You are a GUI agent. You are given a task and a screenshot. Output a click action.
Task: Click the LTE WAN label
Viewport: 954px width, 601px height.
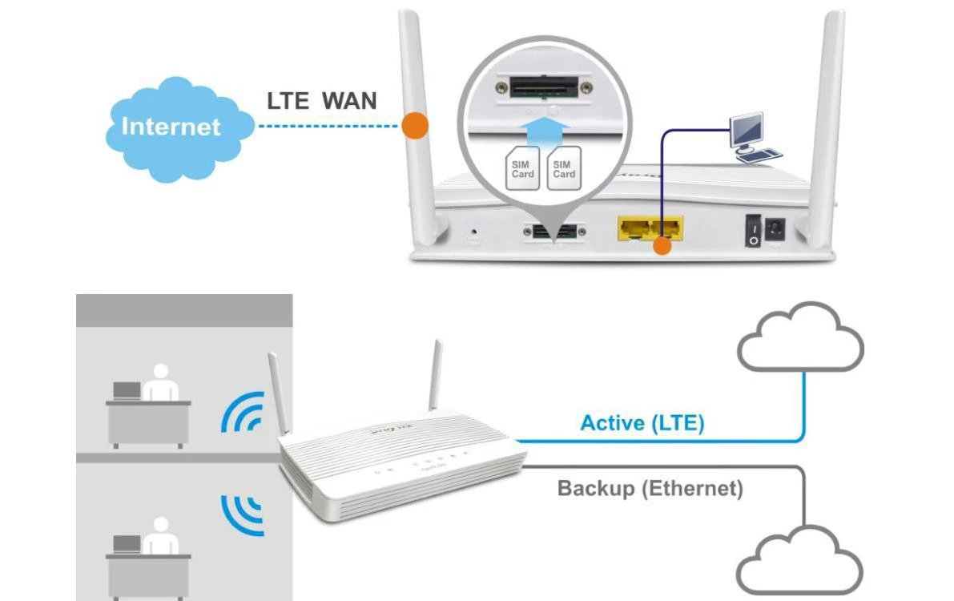click(321, 101)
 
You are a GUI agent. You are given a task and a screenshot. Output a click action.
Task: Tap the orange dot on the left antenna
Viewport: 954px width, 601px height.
click(414, 126)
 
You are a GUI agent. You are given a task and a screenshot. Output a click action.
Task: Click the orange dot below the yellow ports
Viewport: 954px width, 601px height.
click(661, 246)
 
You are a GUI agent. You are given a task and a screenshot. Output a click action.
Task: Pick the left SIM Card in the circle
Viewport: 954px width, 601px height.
click(521, 170)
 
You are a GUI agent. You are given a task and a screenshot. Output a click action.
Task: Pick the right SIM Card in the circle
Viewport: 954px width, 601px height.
click(564, 170)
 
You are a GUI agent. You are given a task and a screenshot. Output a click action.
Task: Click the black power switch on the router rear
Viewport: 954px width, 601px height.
click(753, 229)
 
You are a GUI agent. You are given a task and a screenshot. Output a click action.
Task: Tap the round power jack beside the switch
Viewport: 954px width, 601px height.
click(775, 230)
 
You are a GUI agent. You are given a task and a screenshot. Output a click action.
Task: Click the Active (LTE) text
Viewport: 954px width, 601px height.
click(642, 422)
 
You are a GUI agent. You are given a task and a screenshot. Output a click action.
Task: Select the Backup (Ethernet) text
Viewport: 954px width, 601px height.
click(650, 487)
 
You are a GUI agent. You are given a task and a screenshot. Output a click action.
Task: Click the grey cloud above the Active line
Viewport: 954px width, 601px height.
click(799, 337)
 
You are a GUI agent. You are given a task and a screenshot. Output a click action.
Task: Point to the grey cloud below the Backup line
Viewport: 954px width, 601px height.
click(799, 561)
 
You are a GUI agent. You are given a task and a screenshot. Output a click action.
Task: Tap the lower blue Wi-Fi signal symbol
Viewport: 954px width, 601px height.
click(244, 513)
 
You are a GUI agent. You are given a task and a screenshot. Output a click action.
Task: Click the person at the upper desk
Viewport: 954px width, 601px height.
click(163, 384)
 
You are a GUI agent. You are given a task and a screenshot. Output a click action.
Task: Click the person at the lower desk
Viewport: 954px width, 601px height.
click(163, 537)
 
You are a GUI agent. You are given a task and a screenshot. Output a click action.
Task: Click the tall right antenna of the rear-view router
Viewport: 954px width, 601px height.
click(827, 120)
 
